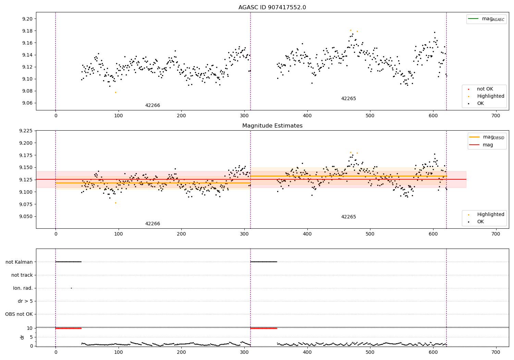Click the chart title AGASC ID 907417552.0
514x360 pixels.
click(272, 8)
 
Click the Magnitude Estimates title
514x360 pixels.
click(272, 126)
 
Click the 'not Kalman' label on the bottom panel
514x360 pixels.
click(19, 262)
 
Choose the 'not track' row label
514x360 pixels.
click(22, 275)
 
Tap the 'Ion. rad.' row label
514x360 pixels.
click(23, 288)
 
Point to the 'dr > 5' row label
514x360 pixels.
click(25, 301)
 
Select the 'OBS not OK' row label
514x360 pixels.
click(19, 314)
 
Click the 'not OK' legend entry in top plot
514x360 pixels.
click(485, 89)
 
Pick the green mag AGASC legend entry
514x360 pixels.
click(486, 19)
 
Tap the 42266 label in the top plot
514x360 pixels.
click(152, 105)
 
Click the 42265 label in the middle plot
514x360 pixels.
click(348, 217)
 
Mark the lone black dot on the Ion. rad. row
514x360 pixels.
click(71, 288)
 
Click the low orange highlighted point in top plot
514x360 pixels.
click(115, 92)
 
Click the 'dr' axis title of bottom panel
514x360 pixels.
click(22, 337)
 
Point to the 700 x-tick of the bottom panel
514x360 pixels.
click(496, 351)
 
